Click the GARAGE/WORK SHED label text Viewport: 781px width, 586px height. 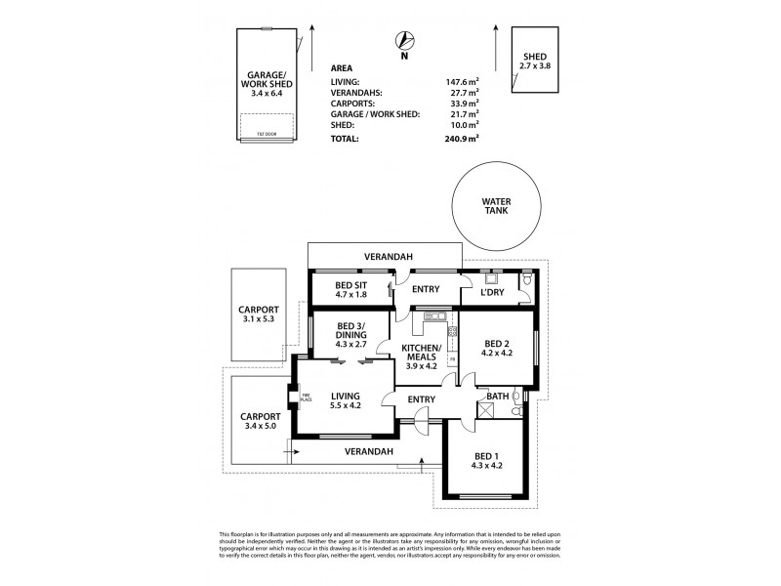pos(265,86)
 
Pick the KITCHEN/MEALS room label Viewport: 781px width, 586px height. pos(423,356)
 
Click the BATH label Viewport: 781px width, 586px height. pos(497,397)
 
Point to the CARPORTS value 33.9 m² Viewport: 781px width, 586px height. pos(459,104)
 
